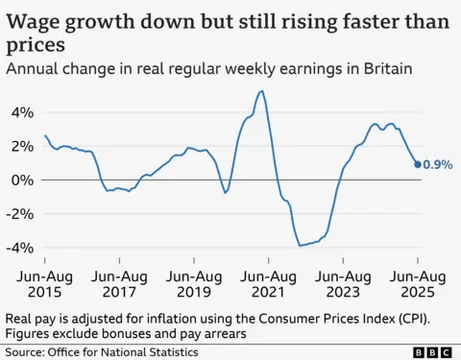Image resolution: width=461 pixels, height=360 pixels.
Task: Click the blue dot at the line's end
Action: click(x=418, y=164)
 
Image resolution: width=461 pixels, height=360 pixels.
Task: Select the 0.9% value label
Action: click(x=438, y=164)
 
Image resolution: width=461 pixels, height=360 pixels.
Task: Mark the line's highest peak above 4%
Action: click(x=262, y=91)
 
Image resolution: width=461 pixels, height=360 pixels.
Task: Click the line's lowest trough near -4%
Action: click(x=301, y=246)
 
